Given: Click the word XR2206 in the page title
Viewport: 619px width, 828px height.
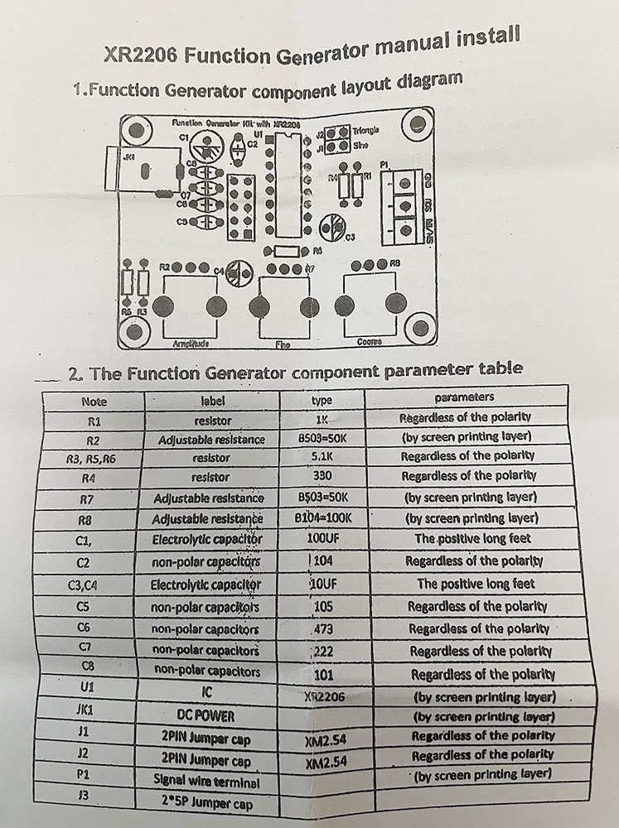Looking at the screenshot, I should point(142,57).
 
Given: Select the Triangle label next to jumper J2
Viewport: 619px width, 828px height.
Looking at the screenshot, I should point(365,131).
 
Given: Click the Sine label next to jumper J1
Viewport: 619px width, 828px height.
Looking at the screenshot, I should point(360,146).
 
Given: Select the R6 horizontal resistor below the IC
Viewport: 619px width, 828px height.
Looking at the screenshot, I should point(286,251).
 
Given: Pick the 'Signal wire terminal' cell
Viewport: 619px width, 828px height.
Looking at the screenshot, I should point(206,780).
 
